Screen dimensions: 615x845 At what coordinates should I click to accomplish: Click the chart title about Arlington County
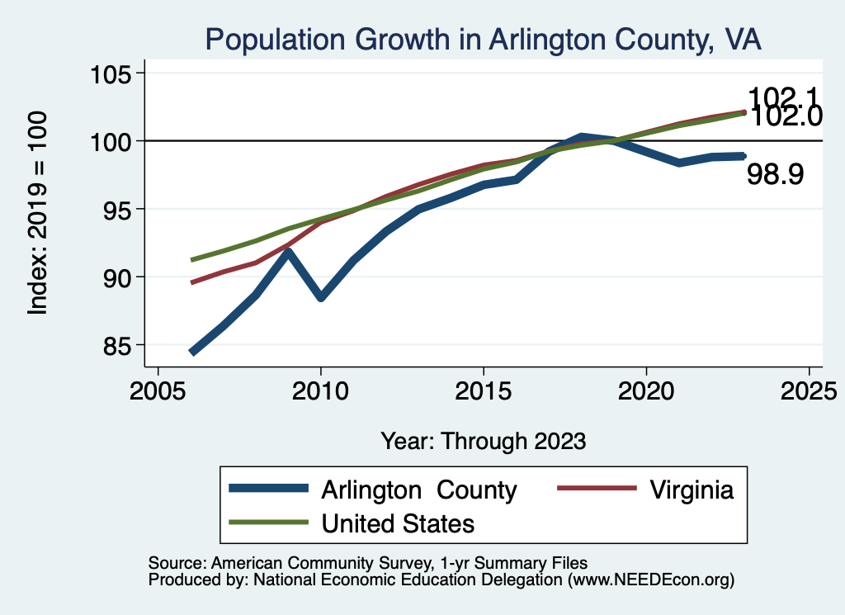pos(483,39)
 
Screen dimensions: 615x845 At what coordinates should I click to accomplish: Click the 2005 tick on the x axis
pos(159,389)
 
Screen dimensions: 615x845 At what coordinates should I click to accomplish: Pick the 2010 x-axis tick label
pos(321,389)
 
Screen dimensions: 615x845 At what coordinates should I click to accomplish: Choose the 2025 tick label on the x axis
pos(809,389)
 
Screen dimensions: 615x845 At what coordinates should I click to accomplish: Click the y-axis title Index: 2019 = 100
pos(38,213)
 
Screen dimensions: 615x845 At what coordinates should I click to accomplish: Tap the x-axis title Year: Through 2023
pos(483,441)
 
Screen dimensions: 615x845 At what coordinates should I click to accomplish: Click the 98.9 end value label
pos(775,174)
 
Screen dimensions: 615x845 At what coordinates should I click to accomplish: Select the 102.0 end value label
pos(787,117)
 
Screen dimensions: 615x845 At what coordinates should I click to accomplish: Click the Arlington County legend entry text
pos(419,490)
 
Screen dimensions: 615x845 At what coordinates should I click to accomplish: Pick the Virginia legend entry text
pos(692,490)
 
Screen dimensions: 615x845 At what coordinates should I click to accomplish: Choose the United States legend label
pos(398,523)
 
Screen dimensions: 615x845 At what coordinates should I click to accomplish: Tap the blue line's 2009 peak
pos(289,251)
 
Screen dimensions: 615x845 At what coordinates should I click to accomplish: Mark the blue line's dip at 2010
pos(321,297)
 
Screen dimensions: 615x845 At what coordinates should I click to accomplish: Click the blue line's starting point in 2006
pos(192,352)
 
